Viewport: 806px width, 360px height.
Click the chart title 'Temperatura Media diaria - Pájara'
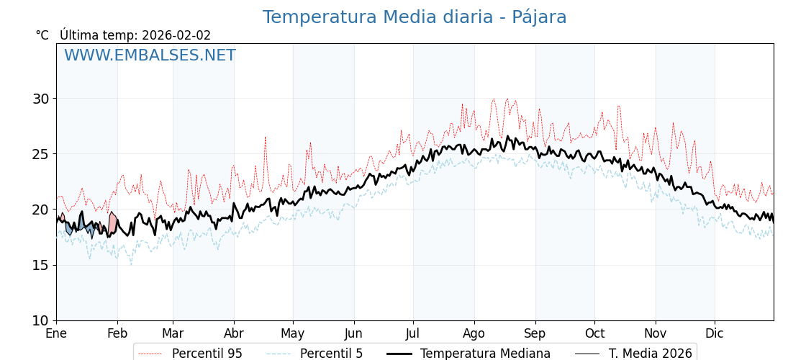click(415, 17)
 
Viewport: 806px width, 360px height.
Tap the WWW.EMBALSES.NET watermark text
click(150, 56)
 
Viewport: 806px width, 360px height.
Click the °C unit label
click(42, 35)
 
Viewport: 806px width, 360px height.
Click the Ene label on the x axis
click(56, 333)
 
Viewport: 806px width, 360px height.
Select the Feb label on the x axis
click(117, 333)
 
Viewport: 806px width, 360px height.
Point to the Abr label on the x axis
click(234, 333)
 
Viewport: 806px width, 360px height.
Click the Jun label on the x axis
click(354, 333)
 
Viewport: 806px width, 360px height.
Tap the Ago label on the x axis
click(474, 333)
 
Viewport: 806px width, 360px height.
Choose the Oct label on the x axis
click(594, 333)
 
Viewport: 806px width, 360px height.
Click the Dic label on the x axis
click(715, 333)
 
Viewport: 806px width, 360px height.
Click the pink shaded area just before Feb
click(112, 222)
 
